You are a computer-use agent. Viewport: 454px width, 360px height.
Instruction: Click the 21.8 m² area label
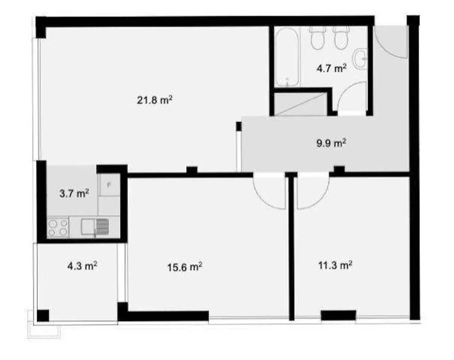click(154, 100)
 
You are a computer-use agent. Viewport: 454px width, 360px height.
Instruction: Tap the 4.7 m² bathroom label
click(331, 68)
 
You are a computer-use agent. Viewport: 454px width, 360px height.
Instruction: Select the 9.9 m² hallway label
click(331, 143)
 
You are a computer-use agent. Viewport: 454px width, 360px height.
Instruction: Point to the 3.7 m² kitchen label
click(74, 193)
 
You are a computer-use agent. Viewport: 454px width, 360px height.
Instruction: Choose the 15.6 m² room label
click(184, 267)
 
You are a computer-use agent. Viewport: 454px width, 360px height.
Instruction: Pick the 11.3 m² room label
click(335, 265)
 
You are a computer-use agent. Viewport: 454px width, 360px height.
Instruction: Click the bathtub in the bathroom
click(287, 57)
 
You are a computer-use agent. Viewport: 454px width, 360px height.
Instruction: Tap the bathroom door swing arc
click(352, 96)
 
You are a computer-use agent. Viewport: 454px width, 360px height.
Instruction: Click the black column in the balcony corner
click(43, 316)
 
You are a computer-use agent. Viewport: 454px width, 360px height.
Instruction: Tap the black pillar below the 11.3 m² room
click(338, 315)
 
